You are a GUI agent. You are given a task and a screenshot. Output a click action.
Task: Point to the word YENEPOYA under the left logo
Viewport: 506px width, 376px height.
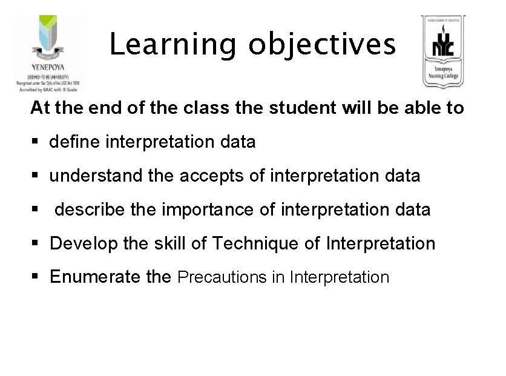tap(51, 68)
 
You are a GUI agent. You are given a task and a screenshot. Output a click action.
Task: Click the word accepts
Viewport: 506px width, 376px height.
tap(206, 176)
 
